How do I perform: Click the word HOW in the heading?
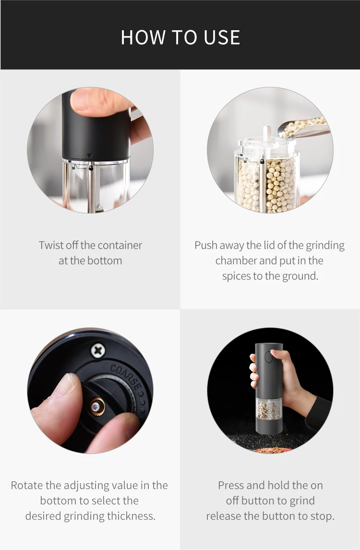[x=139, y=37]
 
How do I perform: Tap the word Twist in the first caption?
[x=51, y=245]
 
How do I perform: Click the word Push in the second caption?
[x=206, y=245]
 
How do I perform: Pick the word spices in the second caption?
[x=237, y=276]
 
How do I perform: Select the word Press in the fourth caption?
[x=231, y=485]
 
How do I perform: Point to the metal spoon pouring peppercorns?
[x=307, y=128]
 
